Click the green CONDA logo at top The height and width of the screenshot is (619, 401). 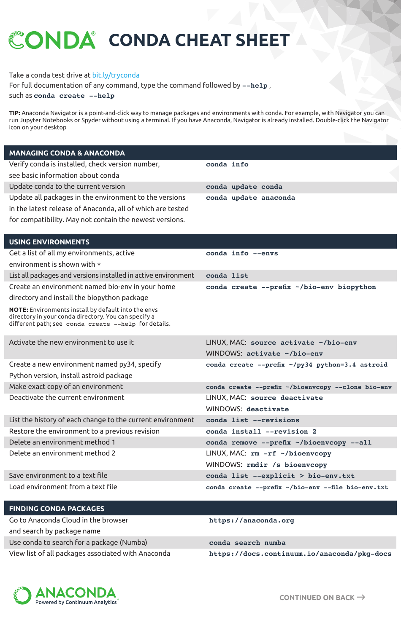tap(52, 40)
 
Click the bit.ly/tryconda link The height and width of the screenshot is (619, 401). tap(116, 75)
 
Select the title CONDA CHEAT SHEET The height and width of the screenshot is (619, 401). tap(199, 40)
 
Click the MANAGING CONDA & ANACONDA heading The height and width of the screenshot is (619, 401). tap(67, 153)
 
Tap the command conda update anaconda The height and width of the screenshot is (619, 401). tap(250, 198)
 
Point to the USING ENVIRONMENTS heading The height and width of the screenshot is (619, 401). tap(49, 242)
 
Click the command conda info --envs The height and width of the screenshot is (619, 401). tap(242, 253)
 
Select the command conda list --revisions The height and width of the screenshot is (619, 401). tap(252, 420)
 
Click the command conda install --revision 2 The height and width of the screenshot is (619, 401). tap(261, 431)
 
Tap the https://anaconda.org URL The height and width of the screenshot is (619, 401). tap(252, 520)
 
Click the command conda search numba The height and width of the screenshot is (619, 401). tap(247, 543)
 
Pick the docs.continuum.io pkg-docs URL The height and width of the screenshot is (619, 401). tap(300, 554)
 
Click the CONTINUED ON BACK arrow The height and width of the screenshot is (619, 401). tap(361, 597)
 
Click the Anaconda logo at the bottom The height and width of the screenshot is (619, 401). tap(66, 595)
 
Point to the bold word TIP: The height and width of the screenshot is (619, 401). tap(15, 113)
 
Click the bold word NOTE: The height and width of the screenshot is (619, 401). tap(19, 310)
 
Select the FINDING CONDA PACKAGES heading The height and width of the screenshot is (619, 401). tap(57, 509)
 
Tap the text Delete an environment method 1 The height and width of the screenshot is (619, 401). tap(62, 442)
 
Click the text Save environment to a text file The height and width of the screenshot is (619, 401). tap(58, 475)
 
